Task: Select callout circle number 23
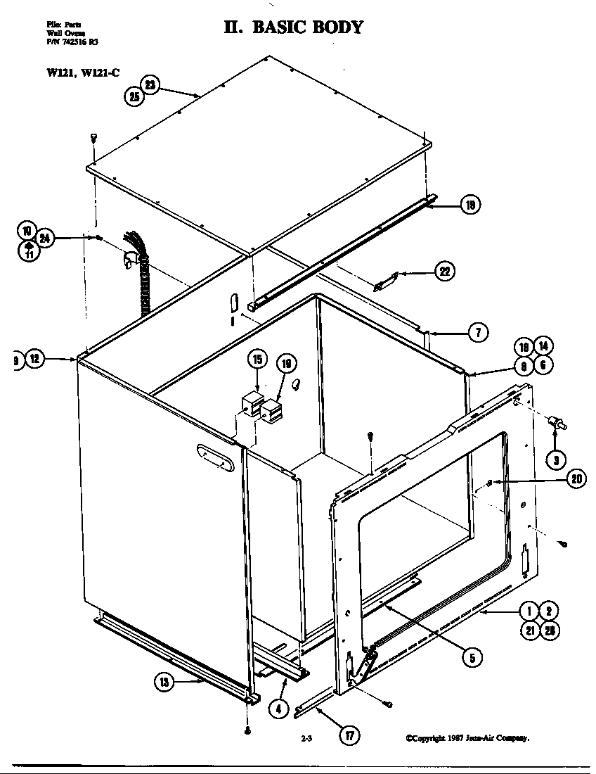coord(150,84)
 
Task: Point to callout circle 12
coord(36,360)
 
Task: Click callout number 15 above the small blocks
coord(257,359)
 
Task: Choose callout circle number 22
coord(444,271)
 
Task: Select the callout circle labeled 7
coord(477,333)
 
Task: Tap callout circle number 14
coord(543,346)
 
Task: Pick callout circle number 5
coord(472,657)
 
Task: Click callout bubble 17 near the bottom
coord(349,736)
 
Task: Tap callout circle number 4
coord(279,709)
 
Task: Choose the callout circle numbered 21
coord(529,631)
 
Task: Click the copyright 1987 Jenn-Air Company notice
coord(467,738)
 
